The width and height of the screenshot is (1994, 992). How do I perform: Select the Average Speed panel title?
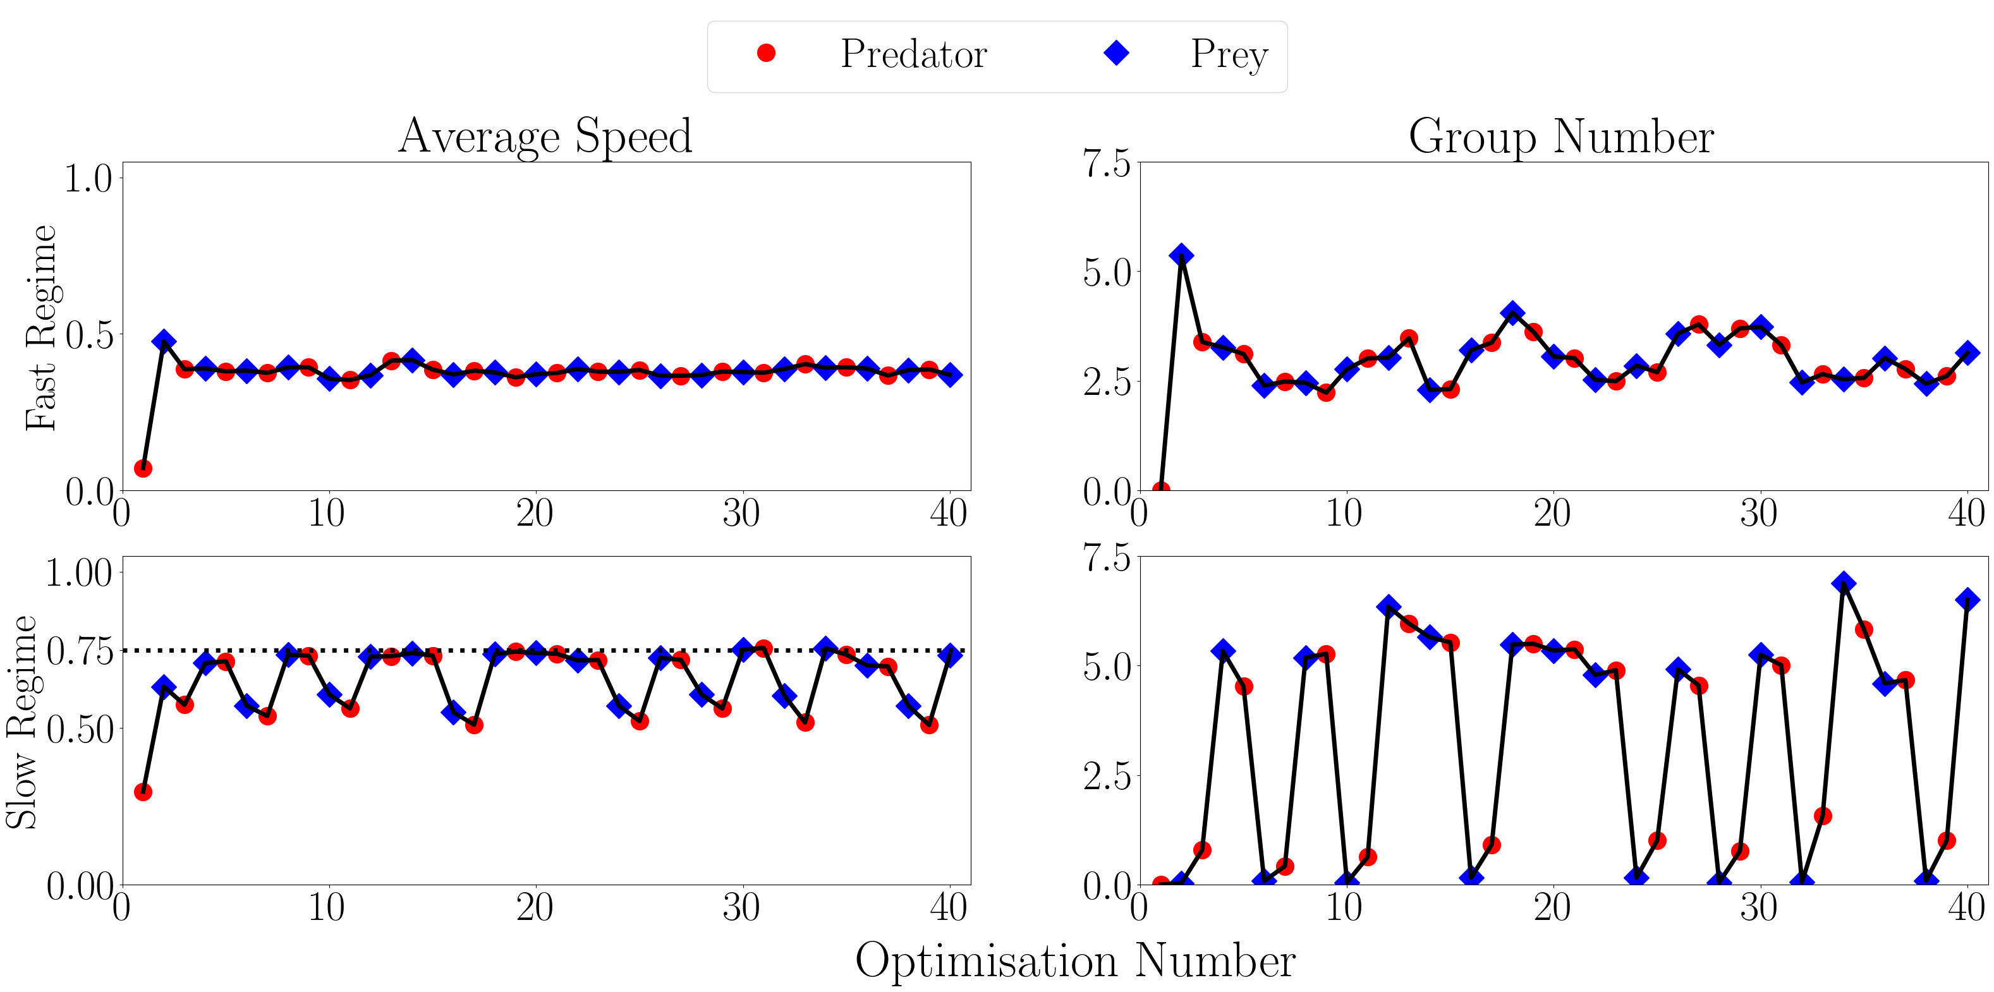point(545,136)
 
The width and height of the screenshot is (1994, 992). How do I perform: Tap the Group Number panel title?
point(1561,136)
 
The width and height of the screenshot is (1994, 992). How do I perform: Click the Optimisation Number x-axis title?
point(1075,961)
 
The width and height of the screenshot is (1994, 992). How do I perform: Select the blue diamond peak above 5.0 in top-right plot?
point(1181,255)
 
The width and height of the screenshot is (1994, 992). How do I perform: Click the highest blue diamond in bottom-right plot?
point(1843,583)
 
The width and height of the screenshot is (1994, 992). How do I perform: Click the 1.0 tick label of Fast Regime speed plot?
point(87,179)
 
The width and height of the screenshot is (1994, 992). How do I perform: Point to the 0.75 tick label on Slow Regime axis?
point(79,651)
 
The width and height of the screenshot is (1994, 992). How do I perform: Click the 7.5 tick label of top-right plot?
point(1106,164)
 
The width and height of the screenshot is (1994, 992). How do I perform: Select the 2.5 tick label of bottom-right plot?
point(1106,776)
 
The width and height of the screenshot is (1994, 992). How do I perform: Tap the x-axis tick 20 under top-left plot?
point(535,513)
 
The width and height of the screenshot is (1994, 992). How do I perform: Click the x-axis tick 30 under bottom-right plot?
point(1759,907)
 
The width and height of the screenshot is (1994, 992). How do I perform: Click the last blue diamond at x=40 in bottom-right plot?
point(1967,600)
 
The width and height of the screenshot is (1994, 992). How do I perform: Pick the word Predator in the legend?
point(913,54)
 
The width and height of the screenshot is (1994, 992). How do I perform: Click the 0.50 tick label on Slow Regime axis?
point(79,729)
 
